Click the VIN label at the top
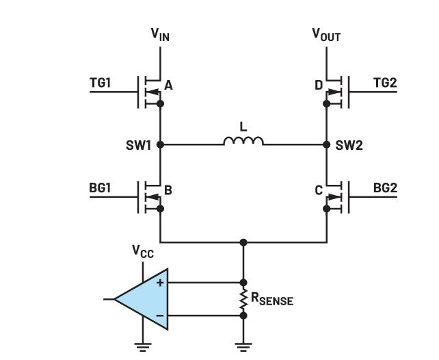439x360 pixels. click(161, 34)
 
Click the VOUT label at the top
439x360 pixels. click(326, 34)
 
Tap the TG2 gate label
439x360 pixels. click(385, 83)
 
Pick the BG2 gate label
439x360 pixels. click(385, 188)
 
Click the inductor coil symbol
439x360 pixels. click(243, 141)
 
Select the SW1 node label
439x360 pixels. click(138, 145)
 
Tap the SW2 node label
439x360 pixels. click(349, 145)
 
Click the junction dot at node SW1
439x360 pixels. click(161, 144)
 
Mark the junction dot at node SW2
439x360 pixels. click(327, 144)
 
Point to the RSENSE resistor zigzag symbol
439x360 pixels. click(244, 298)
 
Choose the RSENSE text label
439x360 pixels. click(272, 298)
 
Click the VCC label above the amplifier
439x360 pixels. click(142, 252)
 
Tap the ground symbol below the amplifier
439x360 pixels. click(142, 346)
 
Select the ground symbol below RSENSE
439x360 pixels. click(244, 346)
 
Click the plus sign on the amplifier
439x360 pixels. click(161, 282)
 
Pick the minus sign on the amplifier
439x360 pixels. click(161, 316)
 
